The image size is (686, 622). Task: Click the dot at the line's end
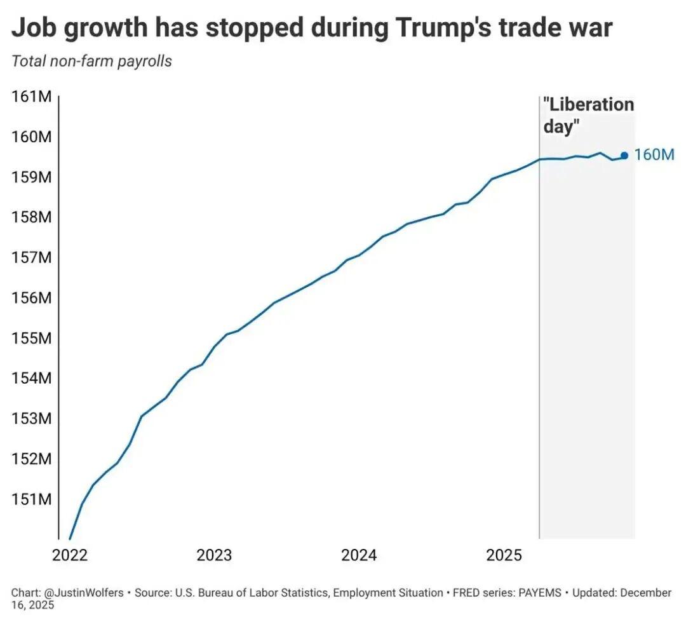[x=624, y=155]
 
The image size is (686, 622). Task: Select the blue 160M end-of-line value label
[x=654, y=155]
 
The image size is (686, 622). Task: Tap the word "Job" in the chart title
[x=33, y=29]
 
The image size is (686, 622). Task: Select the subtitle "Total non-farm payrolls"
[x=92, y=62]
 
